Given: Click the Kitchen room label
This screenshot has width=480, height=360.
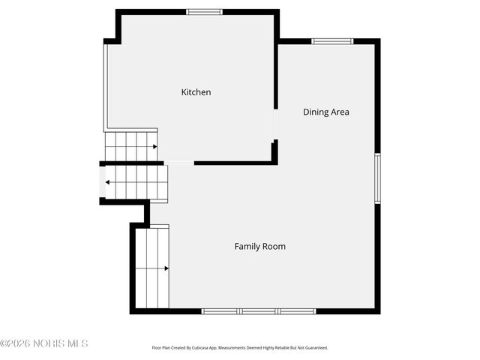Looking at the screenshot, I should point(196,92).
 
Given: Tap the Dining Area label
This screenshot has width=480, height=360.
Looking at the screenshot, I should point(325,112).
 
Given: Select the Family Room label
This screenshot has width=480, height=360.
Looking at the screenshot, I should point(259,246).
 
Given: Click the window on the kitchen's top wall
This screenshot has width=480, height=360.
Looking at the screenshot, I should point(204,11).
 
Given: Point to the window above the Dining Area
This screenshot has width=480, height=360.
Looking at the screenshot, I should point(332,41).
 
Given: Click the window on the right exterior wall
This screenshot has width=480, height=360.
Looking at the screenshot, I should point(377,178).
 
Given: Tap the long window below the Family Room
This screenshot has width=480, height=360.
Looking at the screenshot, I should point(259,310).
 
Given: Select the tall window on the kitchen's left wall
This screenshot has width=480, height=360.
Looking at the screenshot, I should point(104,86).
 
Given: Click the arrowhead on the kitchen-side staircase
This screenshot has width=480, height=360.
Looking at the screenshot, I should point(154,146).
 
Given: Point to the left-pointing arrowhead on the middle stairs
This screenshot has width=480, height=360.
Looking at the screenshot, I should point(109,182).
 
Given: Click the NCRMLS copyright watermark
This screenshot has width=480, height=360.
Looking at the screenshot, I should point(44,343).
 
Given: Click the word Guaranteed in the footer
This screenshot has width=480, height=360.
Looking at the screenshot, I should point(313,348).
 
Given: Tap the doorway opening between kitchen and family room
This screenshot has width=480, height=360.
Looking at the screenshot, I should point(178,163).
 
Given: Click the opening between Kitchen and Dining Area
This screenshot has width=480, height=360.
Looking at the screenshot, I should point(274,124).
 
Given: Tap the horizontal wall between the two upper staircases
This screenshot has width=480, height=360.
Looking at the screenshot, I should point(131,163).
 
